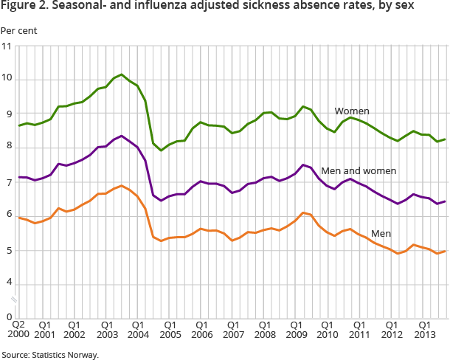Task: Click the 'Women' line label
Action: (x=352, y=111)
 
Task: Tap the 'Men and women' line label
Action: (x=359, y=170)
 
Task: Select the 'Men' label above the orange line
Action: (x=381, y=233)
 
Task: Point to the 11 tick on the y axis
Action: (x=7, y=46)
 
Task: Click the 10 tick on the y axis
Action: (x=7, y=80)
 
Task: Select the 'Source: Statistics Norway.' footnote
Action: (x=49, y=355)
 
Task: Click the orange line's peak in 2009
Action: (x=302, y=212)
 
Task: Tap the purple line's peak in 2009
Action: (x=302, y=165)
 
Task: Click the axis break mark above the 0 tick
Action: (x=14, y=299)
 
